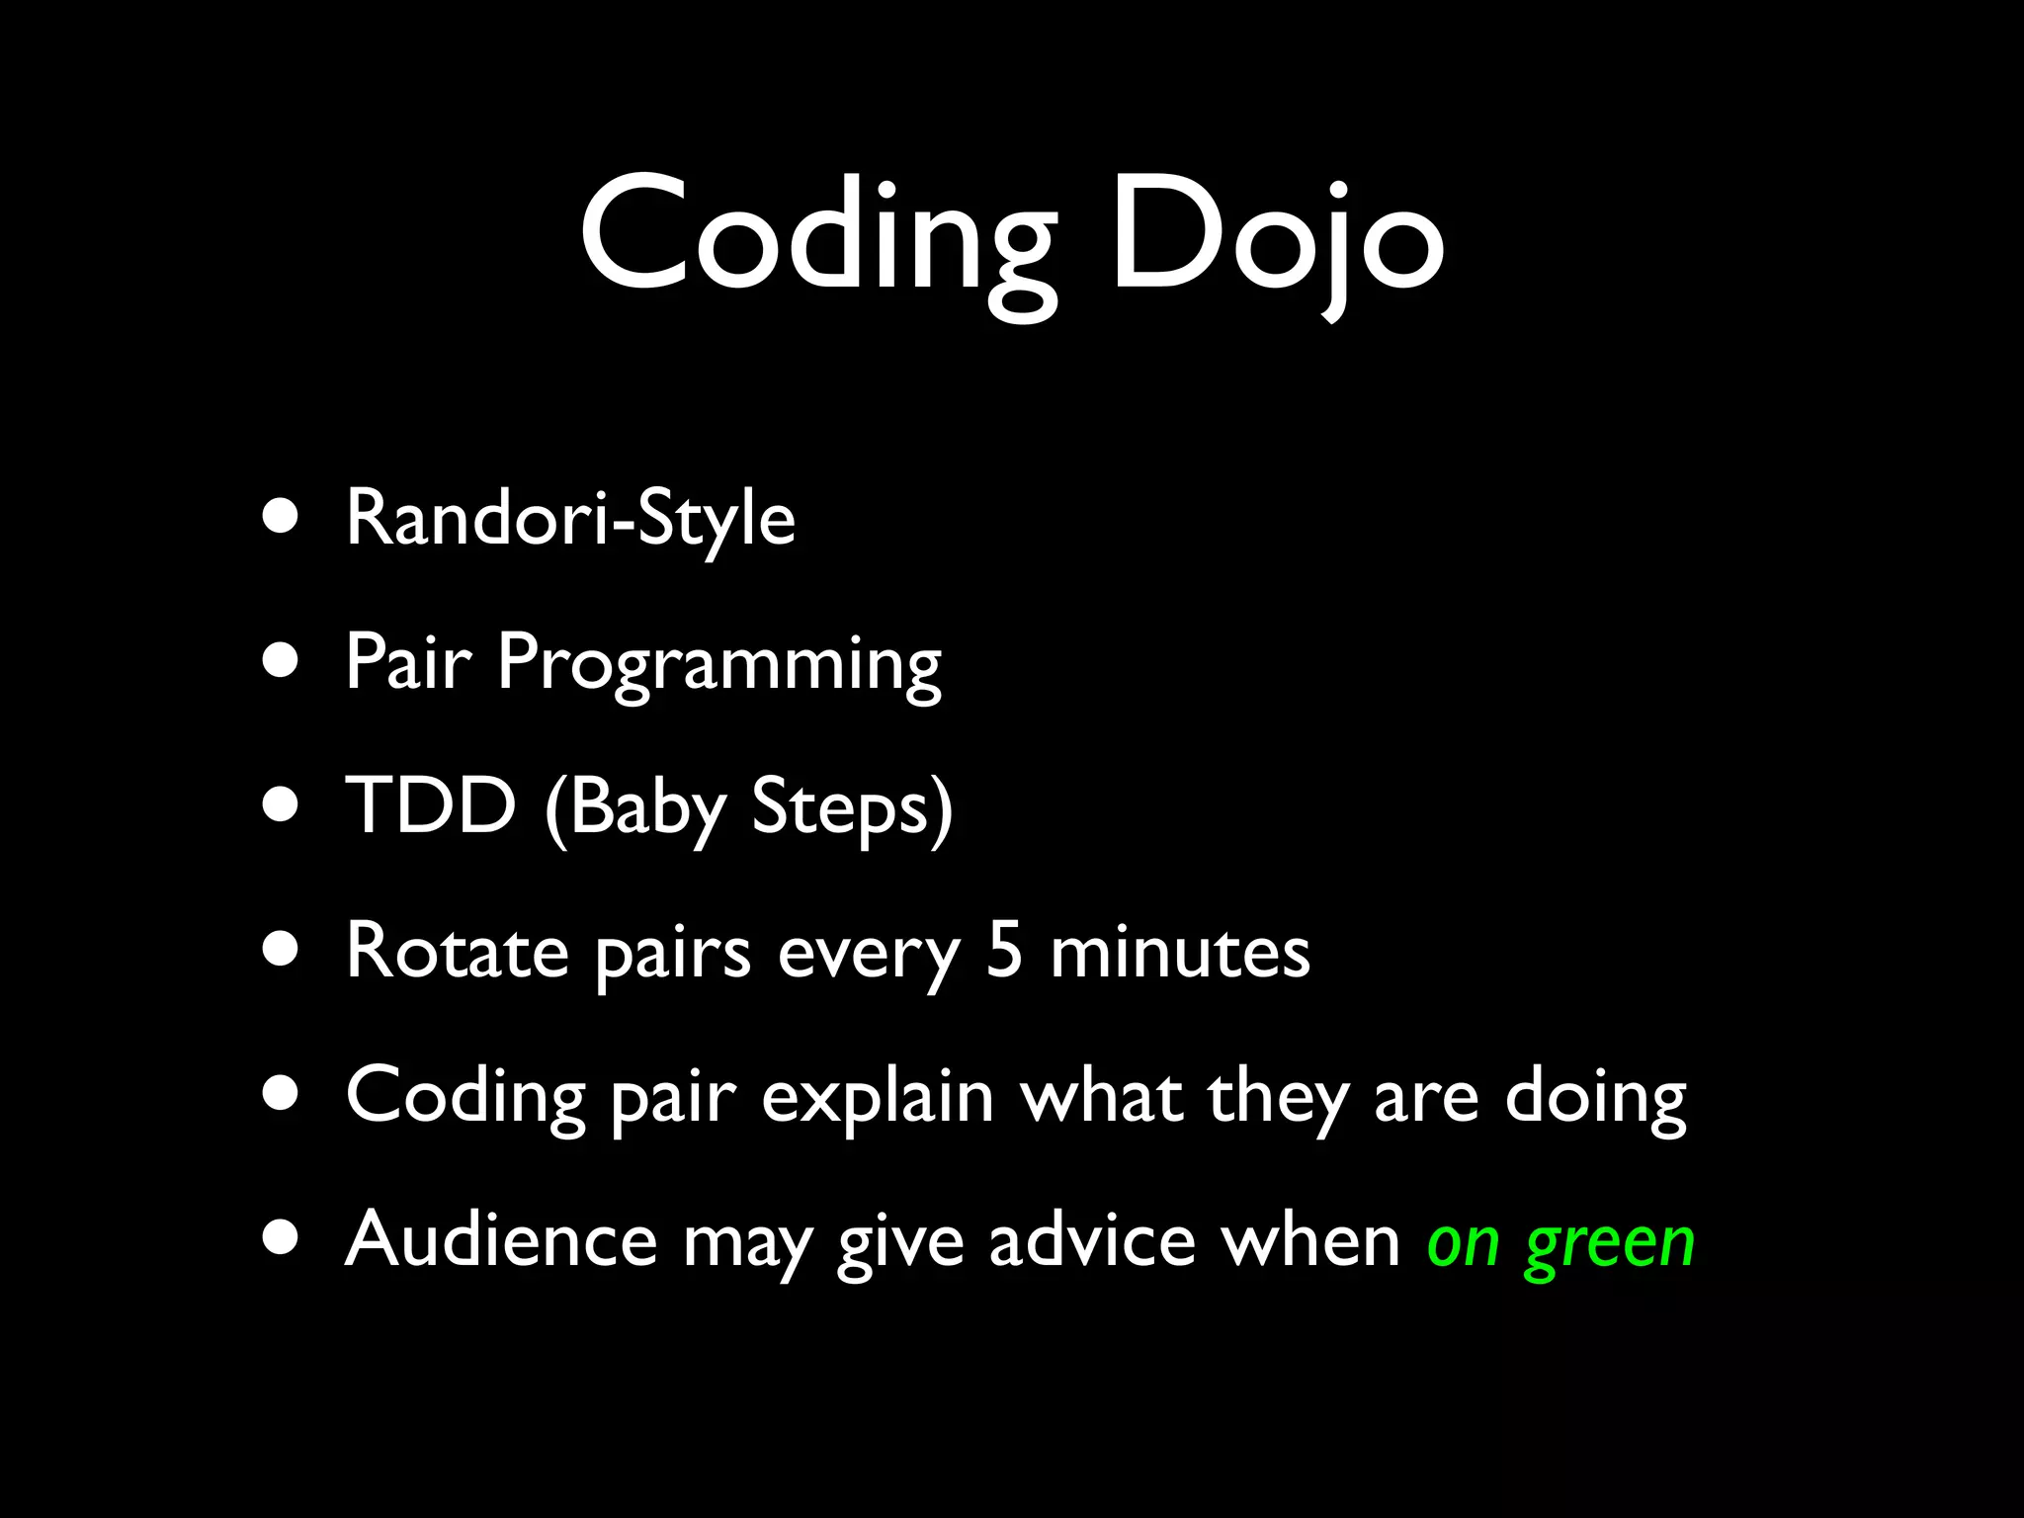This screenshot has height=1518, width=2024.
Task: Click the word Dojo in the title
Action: point(1277,237)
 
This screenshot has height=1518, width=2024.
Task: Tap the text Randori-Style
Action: point(570,518)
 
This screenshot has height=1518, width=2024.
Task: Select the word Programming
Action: point(718,664)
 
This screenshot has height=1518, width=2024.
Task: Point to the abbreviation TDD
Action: point(431,805)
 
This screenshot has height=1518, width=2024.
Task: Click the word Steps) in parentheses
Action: point(852,808)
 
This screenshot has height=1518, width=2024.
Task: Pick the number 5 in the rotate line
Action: point(1004,950)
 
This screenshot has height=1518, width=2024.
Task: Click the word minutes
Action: point(1180,952)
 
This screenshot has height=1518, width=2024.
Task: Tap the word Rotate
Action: point(457,952)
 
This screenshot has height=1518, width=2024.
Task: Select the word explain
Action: point(877,1097)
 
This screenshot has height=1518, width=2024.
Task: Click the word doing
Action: point(1595,1097)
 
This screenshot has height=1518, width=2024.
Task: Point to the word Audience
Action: point(500,1239)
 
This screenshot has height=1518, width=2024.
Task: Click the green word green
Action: point(1610,1243)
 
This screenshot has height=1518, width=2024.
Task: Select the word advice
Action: point(1092,1239)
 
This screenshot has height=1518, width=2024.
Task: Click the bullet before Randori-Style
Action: point(282,518)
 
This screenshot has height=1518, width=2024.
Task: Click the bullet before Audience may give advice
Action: point(282,1239)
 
